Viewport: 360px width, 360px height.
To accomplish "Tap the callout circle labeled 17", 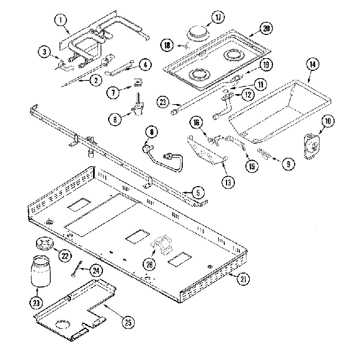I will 218,17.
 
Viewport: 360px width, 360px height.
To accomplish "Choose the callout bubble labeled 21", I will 242,280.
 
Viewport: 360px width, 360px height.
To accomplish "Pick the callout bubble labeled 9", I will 287,163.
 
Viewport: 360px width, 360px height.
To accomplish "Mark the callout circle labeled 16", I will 195,122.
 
